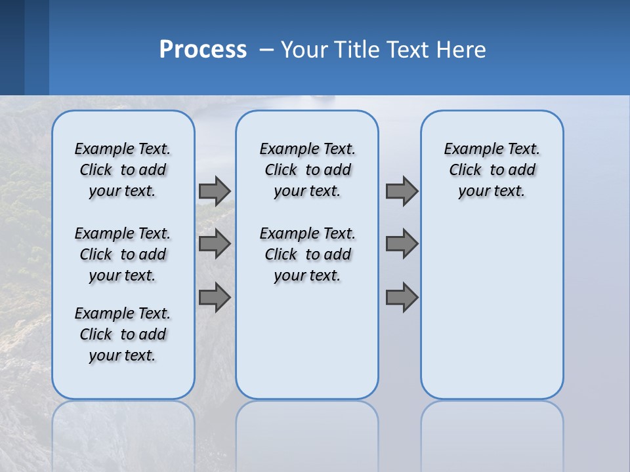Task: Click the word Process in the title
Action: (203, 49)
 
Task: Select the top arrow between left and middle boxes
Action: (215, 191)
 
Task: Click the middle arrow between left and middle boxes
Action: (215, 244)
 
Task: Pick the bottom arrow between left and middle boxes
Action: (215, 297)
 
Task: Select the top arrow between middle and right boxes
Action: (402, 191)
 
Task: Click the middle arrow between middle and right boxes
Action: (402, 244)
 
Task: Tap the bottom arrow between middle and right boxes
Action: (402, 297)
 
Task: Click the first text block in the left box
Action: (123, 170)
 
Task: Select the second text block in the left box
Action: (123, 254)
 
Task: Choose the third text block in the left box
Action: (123, 334)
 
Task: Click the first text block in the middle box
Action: (307, 170)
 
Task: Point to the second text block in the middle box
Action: (307, 254)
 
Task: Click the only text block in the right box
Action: (492, 170)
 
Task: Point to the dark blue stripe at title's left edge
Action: (12, 47)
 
